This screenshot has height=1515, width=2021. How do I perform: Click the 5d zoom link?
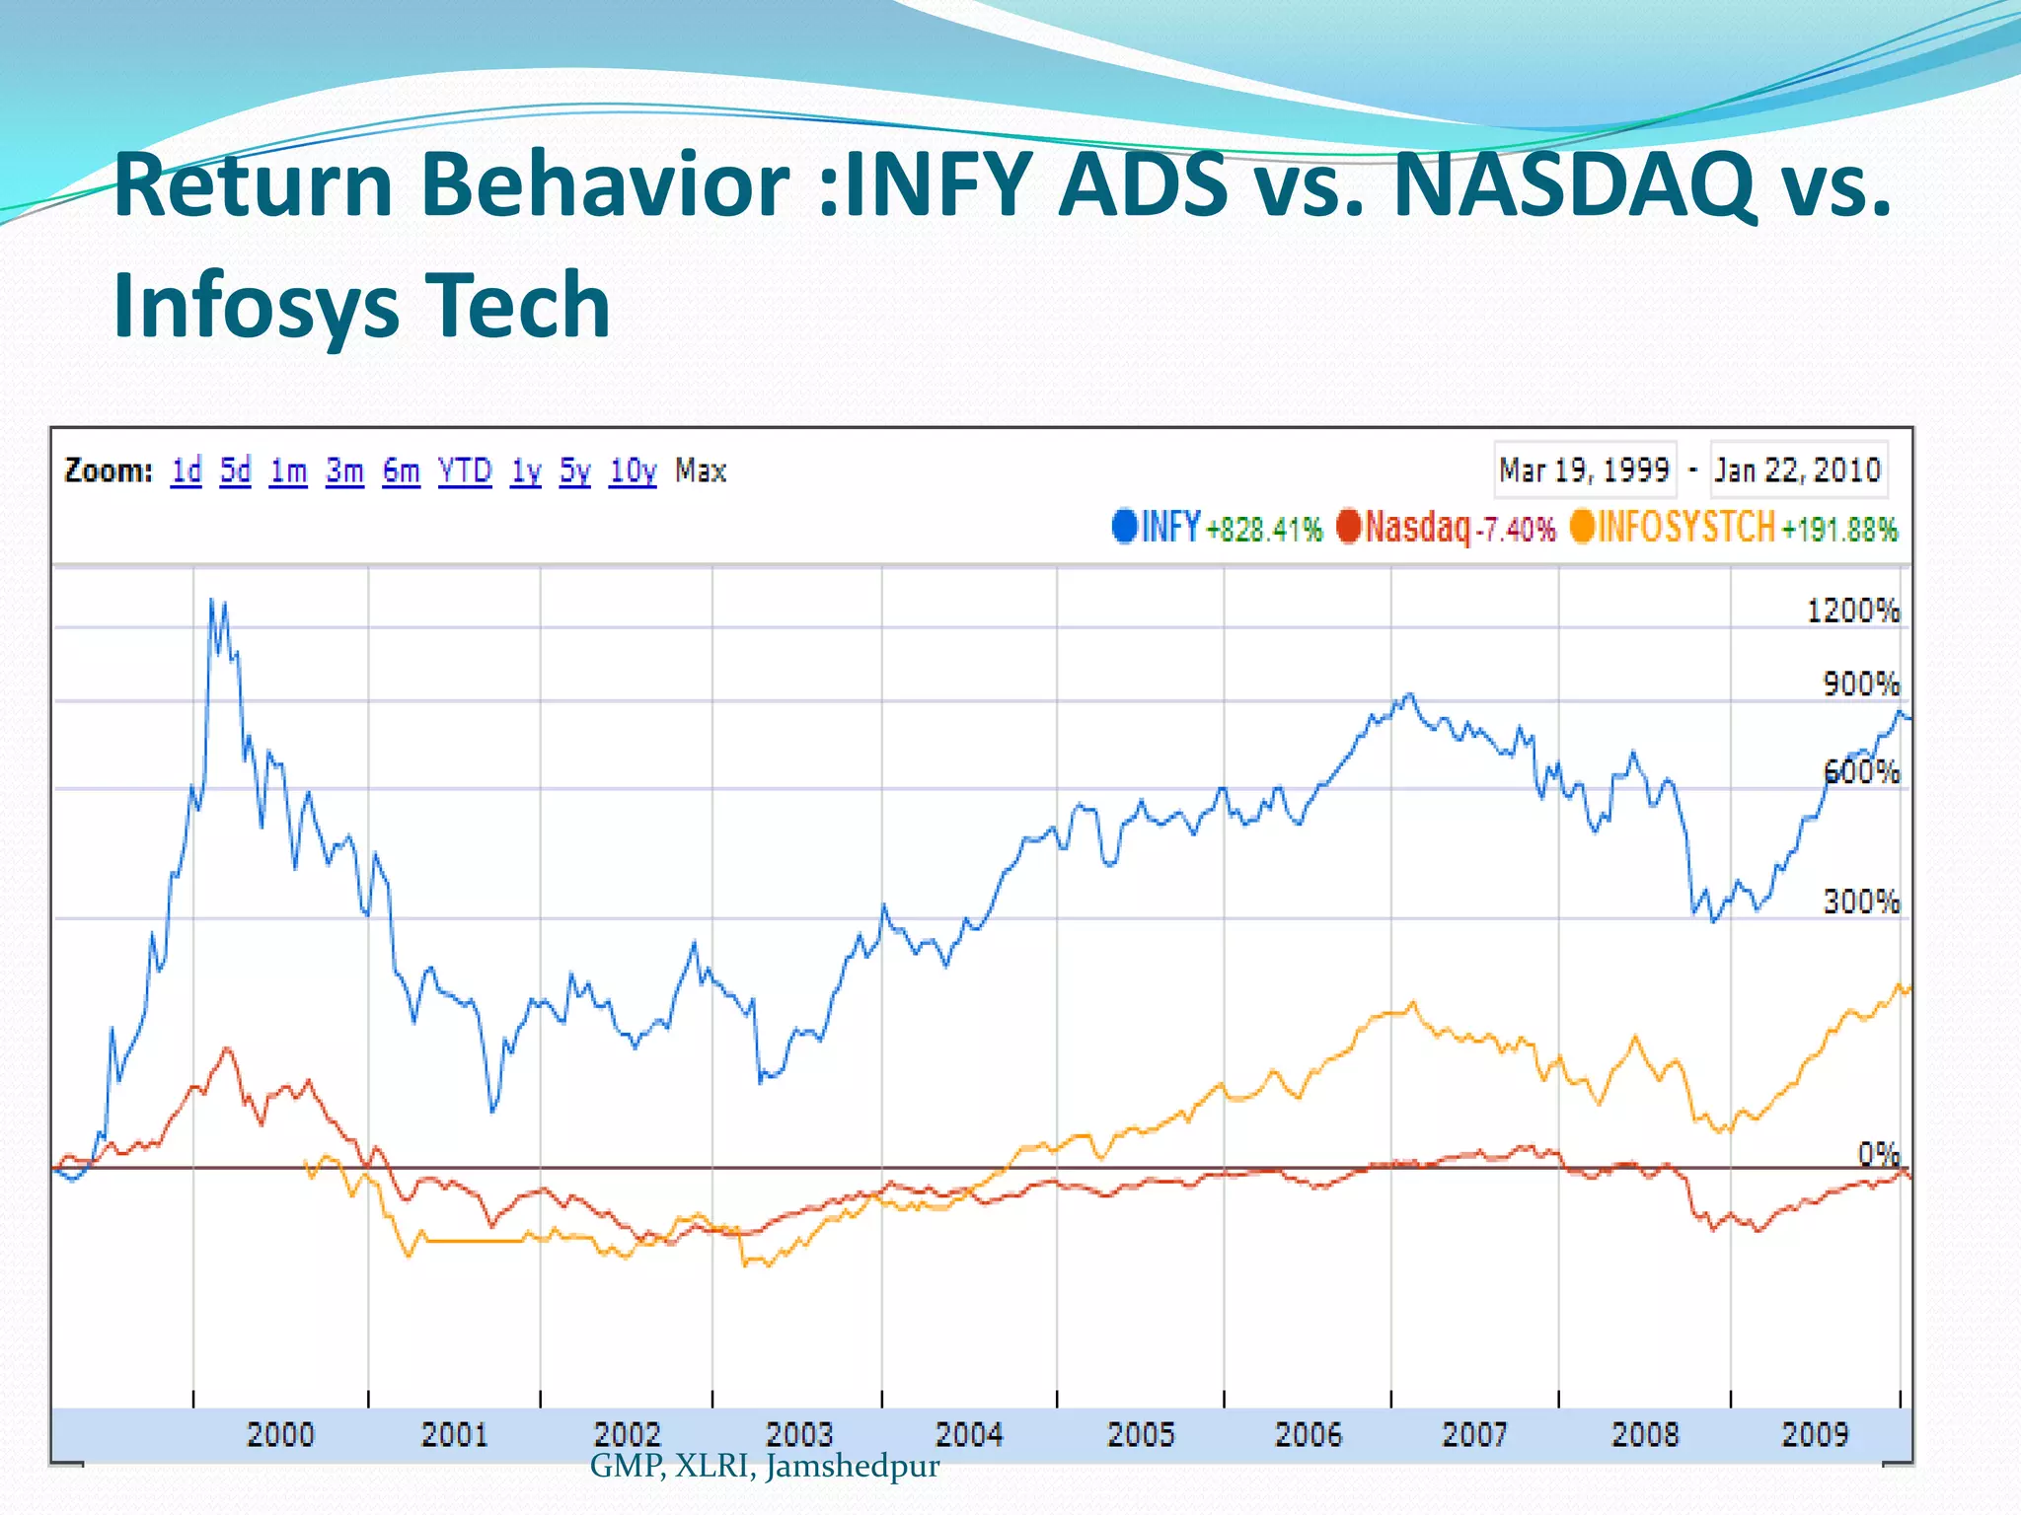click(235, 471)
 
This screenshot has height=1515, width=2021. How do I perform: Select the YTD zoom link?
click(465, 471)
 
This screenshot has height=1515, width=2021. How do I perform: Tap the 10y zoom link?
click(633, 471)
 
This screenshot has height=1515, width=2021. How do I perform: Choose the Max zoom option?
click(701, 471)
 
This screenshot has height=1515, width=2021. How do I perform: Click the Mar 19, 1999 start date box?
click(1584, 470)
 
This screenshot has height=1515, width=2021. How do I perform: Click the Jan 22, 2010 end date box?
click(1797, 470)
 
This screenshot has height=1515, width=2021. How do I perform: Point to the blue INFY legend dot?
click(1124, 526)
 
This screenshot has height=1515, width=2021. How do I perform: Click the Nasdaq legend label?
click(1417, 528)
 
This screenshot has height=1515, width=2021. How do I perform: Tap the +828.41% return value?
click(1264, 531)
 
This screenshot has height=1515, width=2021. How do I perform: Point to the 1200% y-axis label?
click(1852, 612)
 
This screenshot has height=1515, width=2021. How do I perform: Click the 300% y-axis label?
click(1860, 902)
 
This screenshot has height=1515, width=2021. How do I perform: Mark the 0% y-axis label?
click(1878, 1153)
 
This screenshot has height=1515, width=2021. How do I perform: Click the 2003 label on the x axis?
click(799, 1433)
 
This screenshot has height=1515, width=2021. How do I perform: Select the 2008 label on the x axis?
click(1644, 1433)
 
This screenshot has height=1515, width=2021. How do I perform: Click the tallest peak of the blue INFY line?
click(211, 601)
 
